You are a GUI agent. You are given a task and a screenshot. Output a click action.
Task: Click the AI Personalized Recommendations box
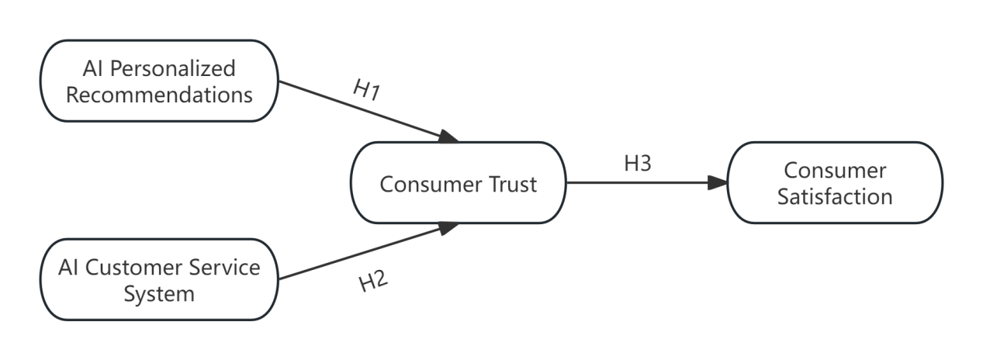click(x=159, y=81)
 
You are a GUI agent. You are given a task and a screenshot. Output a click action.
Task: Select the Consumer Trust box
click(x=458, y=184)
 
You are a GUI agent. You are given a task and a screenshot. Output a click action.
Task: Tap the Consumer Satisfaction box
click(x=835, y=183)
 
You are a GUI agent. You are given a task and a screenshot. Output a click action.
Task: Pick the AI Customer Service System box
click(x=159, y=280)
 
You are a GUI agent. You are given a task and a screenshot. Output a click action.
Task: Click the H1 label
click(x=365, y=90)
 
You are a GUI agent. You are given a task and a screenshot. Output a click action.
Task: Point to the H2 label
click(x=372, y=282)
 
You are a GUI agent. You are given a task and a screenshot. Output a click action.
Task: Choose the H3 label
click(x=638, y=164)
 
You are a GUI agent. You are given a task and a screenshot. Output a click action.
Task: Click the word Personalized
click(x=172, y=68)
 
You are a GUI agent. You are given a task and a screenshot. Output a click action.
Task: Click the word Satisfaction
click(x=835, y=196)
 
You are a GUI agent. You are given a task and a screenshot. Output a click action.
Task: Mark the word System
click(x=159, y=294)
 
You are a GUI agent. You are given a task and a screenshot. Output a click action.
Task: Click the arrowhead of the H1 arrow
click(x=450, y=138)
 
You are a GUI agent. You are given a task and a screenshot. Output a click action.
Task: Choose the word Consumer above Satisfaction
click(x=835, y=170)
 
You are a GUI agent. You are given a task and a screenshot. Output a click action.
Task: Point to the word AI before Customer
click(x=69, y=268)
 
